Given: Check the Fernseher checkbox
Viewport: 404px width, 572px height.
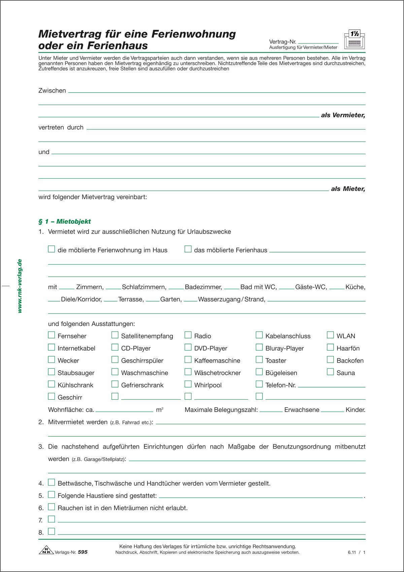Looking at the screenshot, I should point(51,335).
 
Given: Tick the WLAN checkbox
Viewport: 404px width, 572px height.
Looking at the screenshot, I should point(330,335).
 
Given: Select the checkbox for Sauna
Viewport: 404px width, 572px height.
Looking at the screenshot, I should point(330,372).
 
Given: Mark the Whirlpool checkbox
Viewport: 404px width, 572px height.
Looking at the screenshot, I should point(188,384).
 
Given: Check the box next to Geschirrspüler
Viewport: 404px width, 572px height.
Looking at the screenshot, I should point(115,360).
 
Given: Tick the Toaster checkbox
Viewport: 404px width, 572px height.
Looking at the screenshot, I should point(259,360).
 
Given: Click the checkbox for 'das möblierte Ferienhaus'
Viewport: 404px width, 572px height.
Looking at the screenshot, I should point(188,249).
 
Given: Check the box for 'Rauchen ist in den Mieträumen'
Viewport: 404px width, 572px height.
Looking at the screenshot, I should point(51,507).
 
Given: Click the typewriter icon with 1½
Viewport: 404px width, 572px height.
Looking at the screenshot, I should point(355,39).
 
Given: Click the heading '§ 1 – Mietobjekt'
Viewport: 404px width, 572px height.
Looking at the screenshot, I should point(65,221).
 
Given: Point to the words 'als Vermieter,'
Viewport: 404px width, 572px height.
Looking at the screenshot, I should point(343,115).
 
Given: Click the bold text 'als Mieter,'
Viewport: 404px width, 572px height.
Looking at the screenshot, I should point(348,189).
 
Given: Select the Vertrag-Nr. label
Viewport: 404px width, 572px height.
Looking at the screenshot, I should point(282,42).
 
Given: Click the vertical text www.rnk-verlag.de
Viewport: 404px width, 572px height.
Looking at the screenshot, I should point(20,286).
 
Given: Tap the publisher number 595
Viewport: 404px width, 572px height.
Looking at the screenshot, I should point(82,552).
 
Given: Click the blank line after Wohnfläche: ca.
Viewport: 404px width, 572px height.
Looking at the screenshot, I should point(124,411).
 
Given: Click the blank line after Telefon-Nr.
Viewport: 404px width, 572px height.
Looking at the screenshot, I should point(331,386).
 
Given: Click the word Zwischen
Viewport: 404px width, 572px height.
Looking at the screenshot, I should point(52,90).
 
